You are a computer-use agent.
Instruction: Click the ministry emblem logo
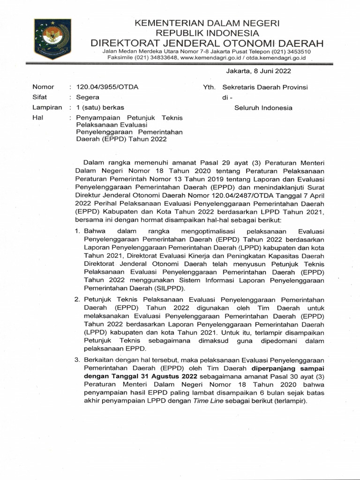[x=52, y=39]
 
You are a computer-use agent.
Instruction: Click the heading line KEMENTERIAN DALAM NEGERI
[x=207, y=23]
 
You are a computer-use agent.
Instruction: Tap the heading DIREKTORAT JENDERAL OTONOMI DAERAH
[x=207, y=43]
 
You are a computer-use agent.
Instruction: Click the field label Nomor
[x=43, y=87]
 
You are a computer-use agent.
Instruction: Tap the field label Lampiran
[x=47, y=108]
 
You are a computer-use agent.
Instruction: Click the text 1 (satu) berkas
[x=100, y=108]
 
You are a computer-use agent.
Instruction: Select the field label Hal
[x=37, y=118]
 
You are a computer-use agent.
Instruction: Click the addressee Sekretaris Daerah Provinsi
[x=265, y=87]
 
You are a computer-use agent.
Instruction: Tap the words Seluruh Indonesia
[x=263, y=108]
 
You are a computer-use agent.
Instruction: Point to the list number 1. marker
[x=78, y=231]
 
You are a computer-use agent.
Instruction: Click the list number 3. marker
[x=78, y=360]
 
